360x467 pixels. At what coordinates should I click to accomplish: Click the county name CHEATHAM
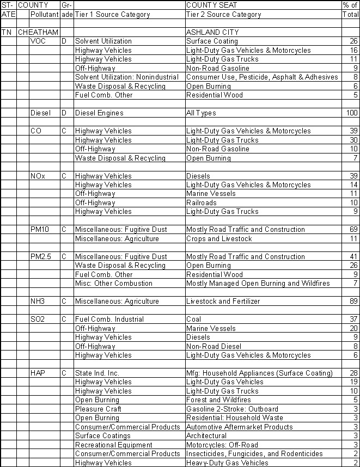38,33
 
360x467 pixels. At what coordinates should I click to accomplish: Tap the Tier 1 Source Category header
112,15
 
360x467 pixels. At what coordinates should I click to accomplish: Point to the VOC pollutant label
38,41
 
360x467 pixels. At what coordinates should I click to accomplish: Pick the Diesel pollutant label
40,113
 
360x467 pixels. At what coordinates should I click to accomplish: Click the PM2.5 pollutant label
41,256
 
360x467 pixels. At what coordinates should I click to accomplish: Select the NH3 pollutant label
38,302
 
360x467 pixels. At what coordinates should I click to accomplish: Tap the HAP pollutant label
38,373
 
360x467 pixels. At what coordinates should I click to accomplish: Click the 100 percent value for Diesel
352,113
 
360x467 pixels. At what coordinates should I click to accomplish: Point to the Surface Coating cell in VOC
212,41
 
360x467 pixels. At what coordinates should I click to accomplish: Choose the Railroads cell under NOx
202,202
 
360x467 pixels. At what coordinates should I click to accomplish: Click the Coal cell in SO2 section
193,319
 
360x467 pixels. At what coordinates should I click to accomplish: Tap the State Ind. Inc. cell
97,373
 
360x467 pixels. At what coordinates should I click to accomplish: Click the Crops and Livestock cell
219,238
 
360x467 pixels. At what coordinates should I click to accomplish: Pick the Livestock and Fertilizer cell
223,302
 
